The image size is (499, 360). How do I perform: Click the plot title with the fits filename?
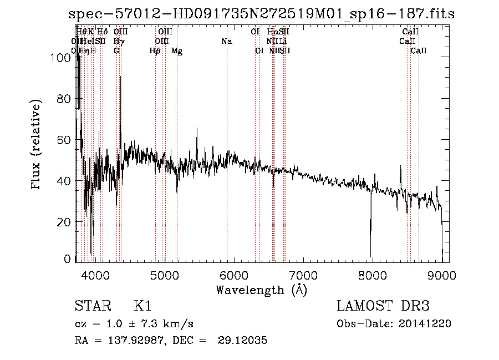point(261,14)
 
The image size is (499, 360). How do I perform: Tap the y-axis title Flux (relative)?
point(37,145)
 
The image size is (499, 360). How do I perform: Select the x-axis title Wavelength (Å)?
point(261,289)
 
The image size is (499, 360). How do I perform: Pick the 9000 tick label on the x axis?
point(441,275)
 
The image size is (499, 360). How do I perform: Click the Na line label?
point(226,42)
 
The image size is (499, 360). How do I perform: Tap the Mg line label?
point(177,51)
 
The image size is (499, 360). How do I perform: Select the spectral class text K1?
point(142,306)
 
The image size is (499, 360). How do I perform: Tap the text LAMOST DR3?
point(383,306)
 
